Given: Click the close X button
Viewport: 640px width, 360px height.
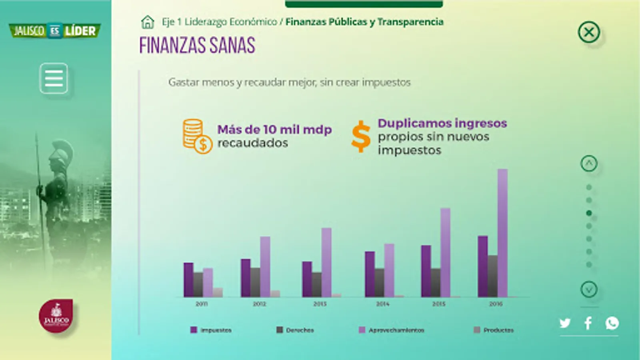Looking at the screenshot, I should click(x=589, y=32).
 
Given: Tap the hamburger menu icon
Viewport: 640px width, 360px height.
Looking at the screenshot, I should click(x=54, y=78).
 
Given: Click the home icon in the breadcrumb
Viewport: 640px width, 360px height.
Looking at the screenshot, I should click(x=148, y=22).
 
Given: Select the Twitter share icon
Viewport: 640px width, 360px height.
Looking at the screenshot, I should click(x=565, y=323).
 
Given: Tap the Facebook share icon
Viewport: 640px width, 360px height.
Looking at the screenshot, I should click(x=588, y=323).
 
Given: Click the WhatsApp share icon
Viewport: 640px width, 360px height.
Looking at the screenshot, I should click(x=612, y=323).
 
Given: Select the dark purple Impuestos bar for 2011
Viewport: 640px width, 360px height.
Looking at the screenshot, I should click(x=188, y=280).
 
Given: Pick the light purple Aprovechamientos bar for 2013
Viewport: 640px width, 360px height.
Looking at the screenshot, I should click(x=326, y=262).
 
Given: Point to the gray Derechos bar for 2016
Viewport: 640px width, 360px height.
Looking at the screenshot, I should click(x=492, y=276).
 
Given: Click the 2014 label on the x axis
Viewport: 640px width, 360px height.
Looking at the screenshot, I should click(x=382, y=304).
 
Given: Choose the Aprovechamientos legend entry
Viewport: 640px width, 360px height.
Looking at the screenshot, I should click(x=392, y=330).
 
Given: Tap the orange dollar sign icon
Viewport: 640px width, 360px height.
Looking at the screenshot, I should click(x=361, y=136).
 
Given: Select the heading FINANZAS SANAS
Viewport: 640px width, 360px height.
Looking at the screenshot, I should click(x=197, y=45).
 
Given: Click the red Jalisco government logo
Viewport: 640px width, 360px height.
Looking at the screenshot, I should click(x=56, y=316).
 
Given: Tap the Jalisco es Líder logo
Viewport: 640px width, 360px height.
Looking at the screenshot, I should click(x=55, y=31).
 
